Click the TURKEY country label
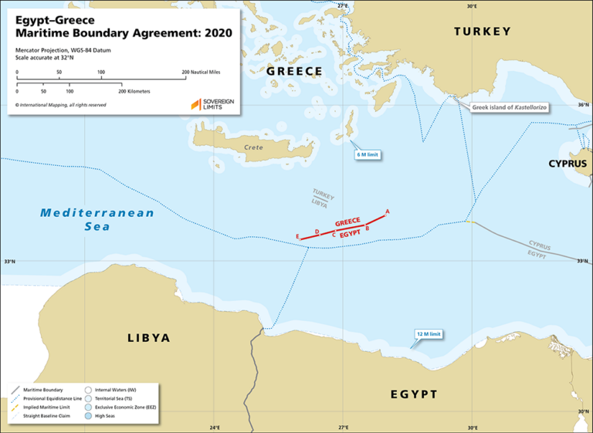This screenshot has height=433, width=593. [x=482, y=32]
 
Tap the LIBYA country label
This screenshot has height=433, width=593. [x=148, y=338]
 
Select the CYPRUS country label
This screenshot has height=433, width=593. [x=568, y=164]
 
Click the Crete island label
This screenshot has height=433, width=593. [x=253, y=147]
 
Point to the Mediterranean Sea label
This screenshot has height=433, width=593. [x=97, y=219]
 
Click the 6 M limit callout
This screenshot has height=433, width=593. [x=368, y=155]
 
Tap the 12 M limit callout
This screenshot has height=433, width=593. [x=429, y=334]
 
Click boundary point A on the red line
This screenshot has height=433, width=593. [x=387, y=211]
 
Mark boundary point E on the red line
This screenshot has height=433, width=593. [x=297, y=235]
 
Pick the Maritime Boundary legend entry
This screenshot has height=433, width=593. [x=43, y=390]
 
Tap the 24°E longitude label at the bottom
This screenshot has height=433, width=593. [x=215, y=427]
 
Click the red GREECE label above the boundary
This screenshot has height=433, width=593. [x=347, y=221]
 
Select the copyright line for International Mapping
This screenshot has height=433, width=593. [x=62, y=103]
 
